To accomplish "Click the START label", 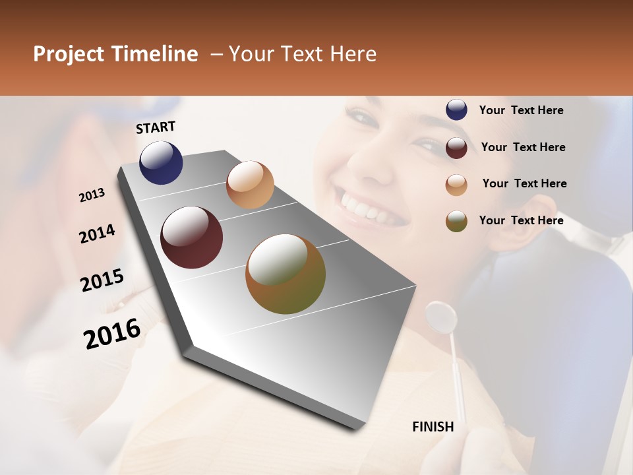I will [156, 127].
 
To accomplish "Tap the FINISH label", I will [433, 427].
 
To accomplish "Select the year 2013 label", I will [92, 195].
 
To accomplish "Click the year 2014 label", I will [97, 234].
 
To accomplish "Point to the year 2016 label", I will [112, 333].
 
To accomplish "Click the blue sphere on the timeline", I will [161, 162].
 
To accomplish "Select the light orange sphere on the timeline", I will [250, 185].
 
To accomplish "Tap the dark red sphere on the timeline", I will [191, 237].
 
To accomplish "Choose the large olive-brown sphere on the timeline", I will [286, 274].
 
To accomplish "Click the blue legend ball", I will [456, 110].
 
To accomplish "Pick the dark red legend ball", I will [456, 147].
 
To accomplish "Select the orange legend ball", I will [456, 184].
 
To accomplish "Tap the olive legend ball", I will [456, 220].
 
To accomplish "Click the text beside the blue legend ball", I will [521, 110].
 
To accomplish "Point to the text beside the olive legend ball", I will [521, 220].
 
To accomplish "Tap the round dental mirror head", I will [441, 317].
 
